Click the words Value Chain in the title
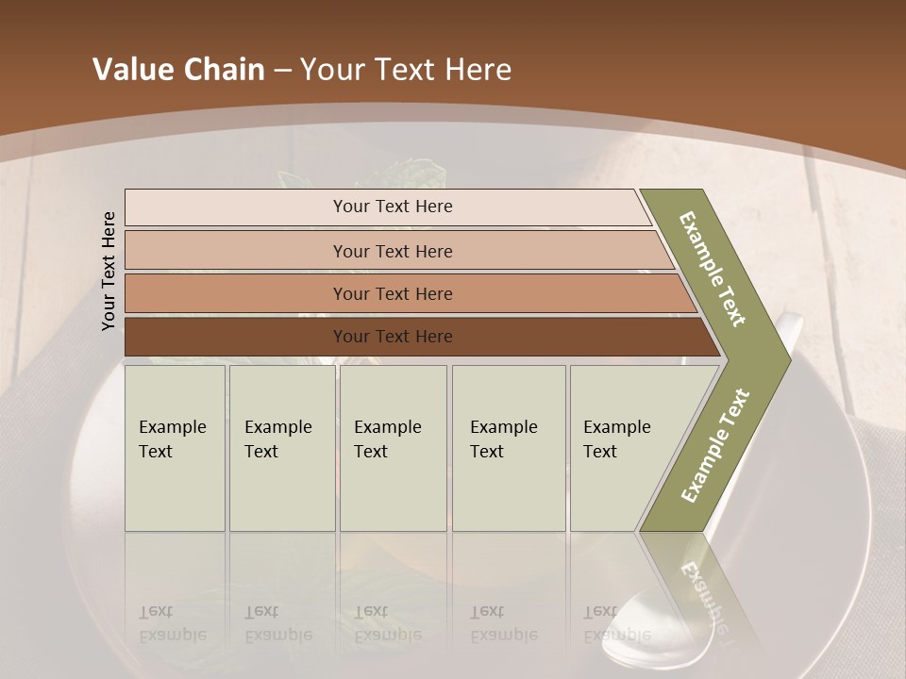pos(178,70)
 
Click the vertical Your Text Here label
pos(109,271)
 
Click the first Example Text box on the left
pos(175,448)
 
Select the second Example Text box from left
pos(281,448)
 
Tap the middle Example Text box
pos(393,448)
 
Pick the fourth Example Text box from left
pos(509,448)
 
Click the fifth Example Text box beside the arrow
pos(618,448)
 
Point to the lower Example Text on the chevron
pos(715,445)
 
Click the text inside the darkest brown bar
pos(393,337)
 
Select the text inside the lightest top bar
pos(393,207)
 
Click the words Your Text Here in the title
pos(406,70)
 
